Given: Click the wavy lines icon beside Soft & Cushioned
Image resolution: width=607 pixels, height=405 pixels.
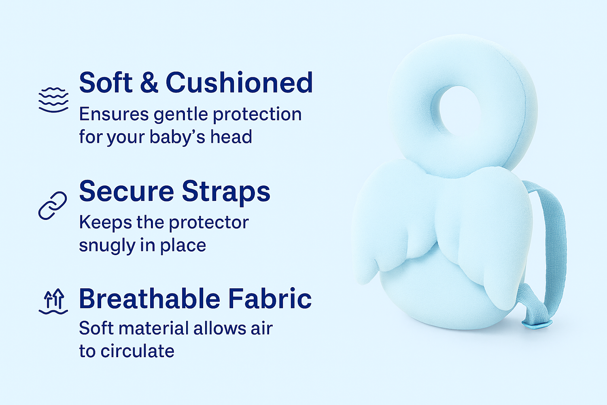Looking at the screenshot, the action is [x=53, y=100].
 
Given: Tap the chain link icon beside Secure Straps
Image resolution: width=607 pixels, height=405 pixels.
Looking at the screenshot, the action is [x=53, y=205].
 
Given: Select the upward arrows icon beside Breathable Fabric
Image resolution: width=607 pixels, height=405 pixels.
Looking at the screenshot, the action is [x=53, y=301].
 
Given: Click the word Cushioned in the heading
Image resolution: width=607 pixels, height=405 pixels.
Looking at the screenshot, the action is [x=239, y=83].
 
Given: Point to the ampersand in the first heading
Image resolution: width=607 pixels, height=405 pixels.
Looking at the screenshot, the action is [x=149, y=83].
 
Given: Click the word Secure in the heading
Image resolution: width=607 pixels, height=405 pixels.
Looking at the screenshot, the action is [x=127, y=191].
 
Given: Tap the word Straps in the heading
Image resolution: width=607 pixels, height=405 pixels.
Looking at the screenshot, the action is [x=226, y=193].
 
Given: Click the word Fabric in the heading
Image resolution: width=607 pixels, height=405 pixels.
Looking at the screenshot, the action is [x=270, y=298].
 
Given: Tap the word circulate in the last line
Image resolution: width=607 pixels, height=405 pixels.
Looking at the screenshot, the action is [x=138, y=351].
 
